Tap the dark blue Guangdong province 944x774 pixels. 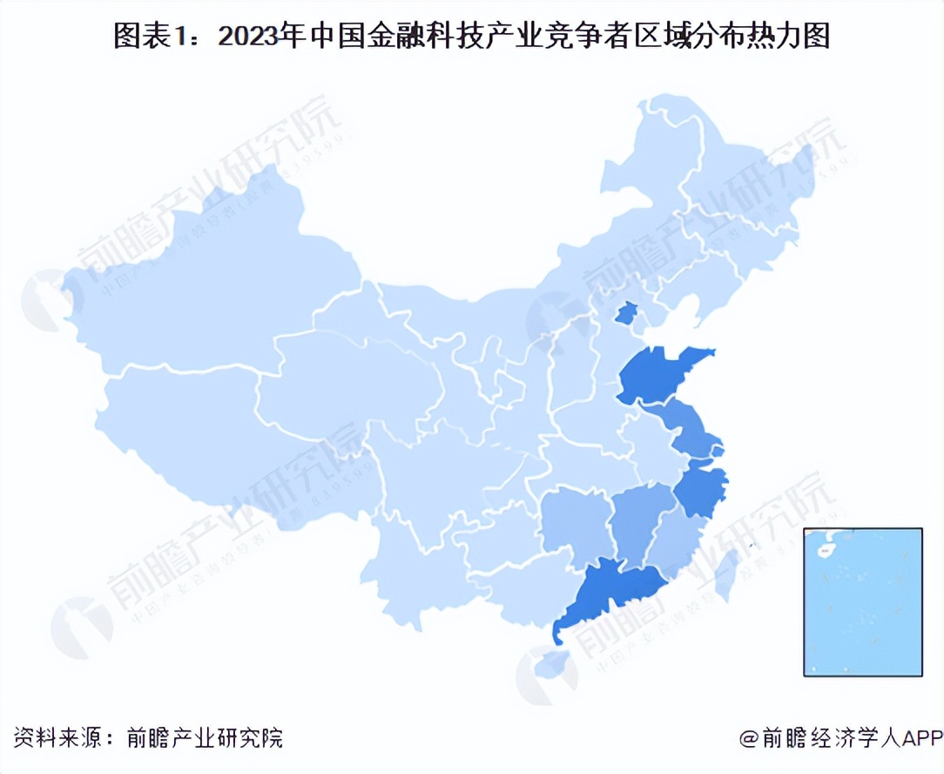click(x=614, y=592)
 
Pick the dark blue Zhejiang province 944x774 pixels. click(x=700, y=490)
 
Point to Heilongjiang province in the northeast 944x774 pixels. click(x=732, y=166)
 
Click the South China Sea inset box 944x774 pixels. click(x=862, y=601)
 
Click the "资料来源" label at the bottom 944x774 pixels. click(x=52, y=738)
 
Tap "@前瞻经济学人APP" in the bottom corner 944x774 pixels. click(x=841, y=738)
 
